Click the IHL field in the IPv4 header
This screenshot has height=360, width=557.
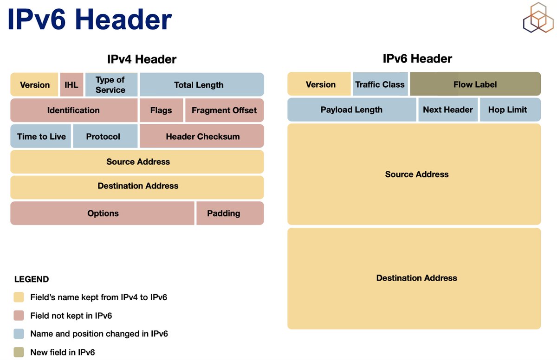71,85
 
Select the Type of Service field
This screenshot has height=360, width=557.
111,85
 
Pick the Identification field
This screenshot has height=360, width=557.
74,110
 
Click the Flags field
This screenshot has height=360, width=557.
161,110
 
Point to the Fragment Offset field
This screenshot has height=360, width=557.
224,110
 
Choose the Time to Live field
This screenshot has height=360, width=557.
41,136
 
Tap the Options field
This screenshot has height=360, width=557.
103,213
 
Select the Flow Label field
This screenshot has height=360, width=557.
475,84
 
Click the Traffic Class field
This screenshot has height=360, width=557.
380,84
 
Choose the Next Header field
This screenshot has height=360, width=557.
448,110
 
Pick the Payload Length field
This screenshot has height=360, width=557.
352,110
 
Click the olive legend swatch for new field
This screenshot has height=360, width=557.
19,352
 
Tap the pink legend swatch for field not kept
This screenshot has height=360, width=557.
19,315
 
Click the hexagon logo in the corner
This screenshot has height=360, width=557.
538,18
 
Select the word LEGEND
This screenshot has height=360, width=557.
32,279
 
